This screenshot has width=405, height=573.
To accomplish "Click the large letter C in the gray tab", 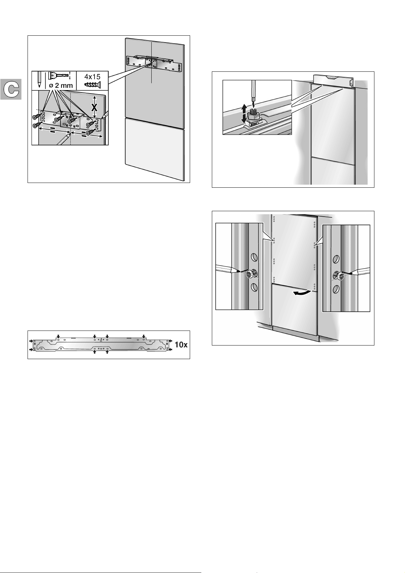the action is (11, 89).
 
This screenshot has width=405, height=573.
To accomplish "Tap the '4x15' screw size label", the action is (92, 77).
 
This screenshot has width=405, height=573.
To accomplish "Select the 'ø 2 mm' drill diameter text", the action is (61, 85).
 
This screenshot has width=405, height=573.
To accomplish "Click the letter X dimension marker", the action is (95, 108).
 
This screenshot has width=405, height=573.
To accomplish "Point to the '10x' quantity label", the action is (181, 344).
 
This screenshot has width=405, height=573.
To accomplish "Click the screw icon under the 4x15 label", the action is (92, 84).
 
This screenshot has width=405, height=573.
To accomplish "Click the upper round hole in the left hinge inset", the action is (254, 256).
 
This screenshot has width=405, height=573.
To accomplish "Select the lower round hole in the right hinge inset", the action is (335, 289).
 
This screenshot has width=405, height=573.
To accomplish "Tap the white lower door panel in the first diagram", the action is (154, 149).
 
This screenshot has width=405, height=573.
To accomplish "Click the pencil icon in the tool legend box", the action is (38, 80).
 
